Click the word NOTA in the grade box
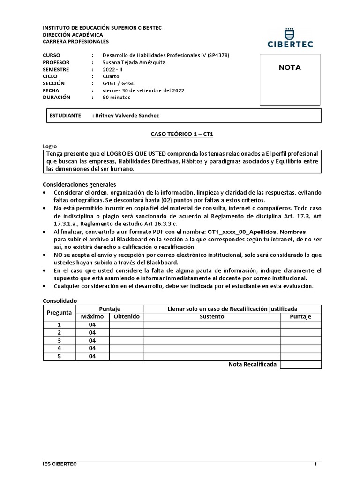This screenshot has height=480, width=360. (x=290, y=67)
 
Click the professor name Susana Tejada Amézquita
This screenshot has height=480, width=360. (x=134, y=62)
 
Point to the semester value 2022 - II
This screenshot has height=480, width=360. (x=112, y=69)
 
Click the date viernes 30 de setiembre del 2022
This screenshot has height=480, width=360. (x=143, y=90)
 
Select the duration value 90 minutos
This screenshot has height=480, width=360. (x=117, y=97)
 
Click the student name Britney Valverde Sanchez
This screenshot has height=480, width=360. (x=130, y=116)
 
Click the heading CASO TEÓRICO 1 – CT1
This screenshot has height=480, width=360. (x=182, y=134)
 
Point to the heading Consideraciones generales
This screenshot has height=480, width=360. (x=79, y=184)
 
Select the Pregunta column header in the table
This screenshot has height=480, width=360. (x=59, y=312)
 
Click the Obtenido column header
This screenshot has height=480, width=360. (x=127, y=317)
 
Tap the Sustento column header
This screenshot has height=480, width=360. (x=212, y=317)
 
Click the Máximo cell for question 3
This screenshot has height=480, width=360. (x=92, y=340)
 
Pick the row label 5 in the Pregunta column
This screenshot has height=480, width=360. (x=59, y=356)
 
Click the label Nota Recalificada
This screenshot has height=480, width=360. (x=252, y=364)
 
